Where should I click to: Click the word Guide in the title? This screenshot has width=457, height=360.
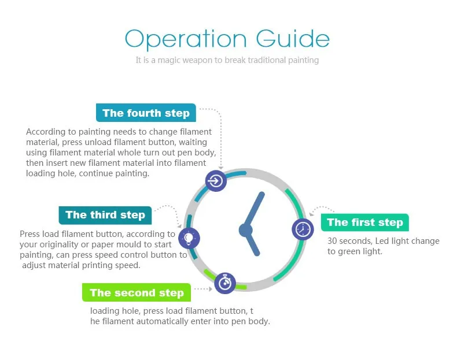(293, 38)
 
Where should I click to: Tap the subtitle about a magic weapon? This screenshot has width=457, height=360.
(227, 60)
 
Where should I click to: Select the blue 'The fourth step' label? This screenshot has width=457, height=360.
(146, 113)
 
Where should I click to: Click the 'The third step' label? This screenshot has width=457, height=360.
(105, 215)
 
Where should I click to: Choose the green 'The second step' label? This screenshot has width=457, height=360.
(137, 292)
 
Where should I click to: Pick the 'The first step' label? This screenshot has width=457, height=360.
(365, 222)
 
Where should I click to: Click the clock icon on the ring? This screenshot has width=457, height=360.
(303, 229)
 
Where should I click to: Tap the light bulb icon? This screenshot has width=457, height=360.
(189, 238)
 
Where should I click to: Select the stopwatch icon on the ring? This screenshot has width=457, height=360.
(225, 283)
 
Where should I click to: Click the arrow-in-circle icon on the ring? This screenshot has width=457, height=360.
(216, 181)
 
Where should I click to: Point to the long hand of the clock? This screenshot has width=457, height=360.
(254, 211)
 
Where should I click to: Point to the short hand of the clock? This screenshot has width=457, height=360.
(252, 243)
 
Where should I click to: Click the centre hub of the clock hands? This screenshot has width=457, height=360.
(246, 230)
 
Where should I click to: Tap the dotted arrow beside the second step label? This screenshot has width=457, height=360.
(203, 289)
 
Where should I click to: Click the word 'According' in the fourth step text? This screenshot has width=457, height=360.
(46, 132)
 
